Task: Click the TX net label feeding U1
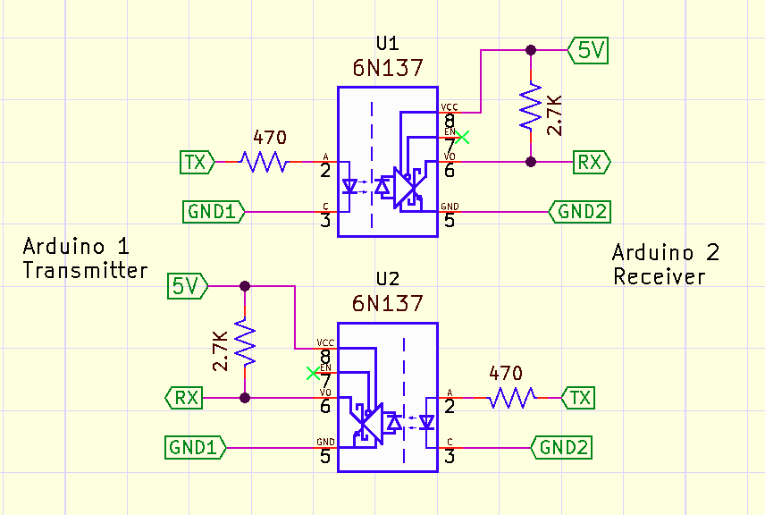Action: (195, 162)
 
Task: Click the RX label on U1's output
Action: (591, 162)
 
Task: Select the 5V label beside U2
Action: (188, 286)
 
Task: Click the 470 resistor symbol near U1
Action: (263, 162)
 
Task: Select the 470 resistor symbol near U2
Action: (512, 397)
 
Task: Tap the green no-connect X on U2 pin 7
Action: (312, 372)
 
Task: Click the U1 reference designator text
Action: (387, 45)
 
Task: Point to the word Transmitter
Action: (85, 271)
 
